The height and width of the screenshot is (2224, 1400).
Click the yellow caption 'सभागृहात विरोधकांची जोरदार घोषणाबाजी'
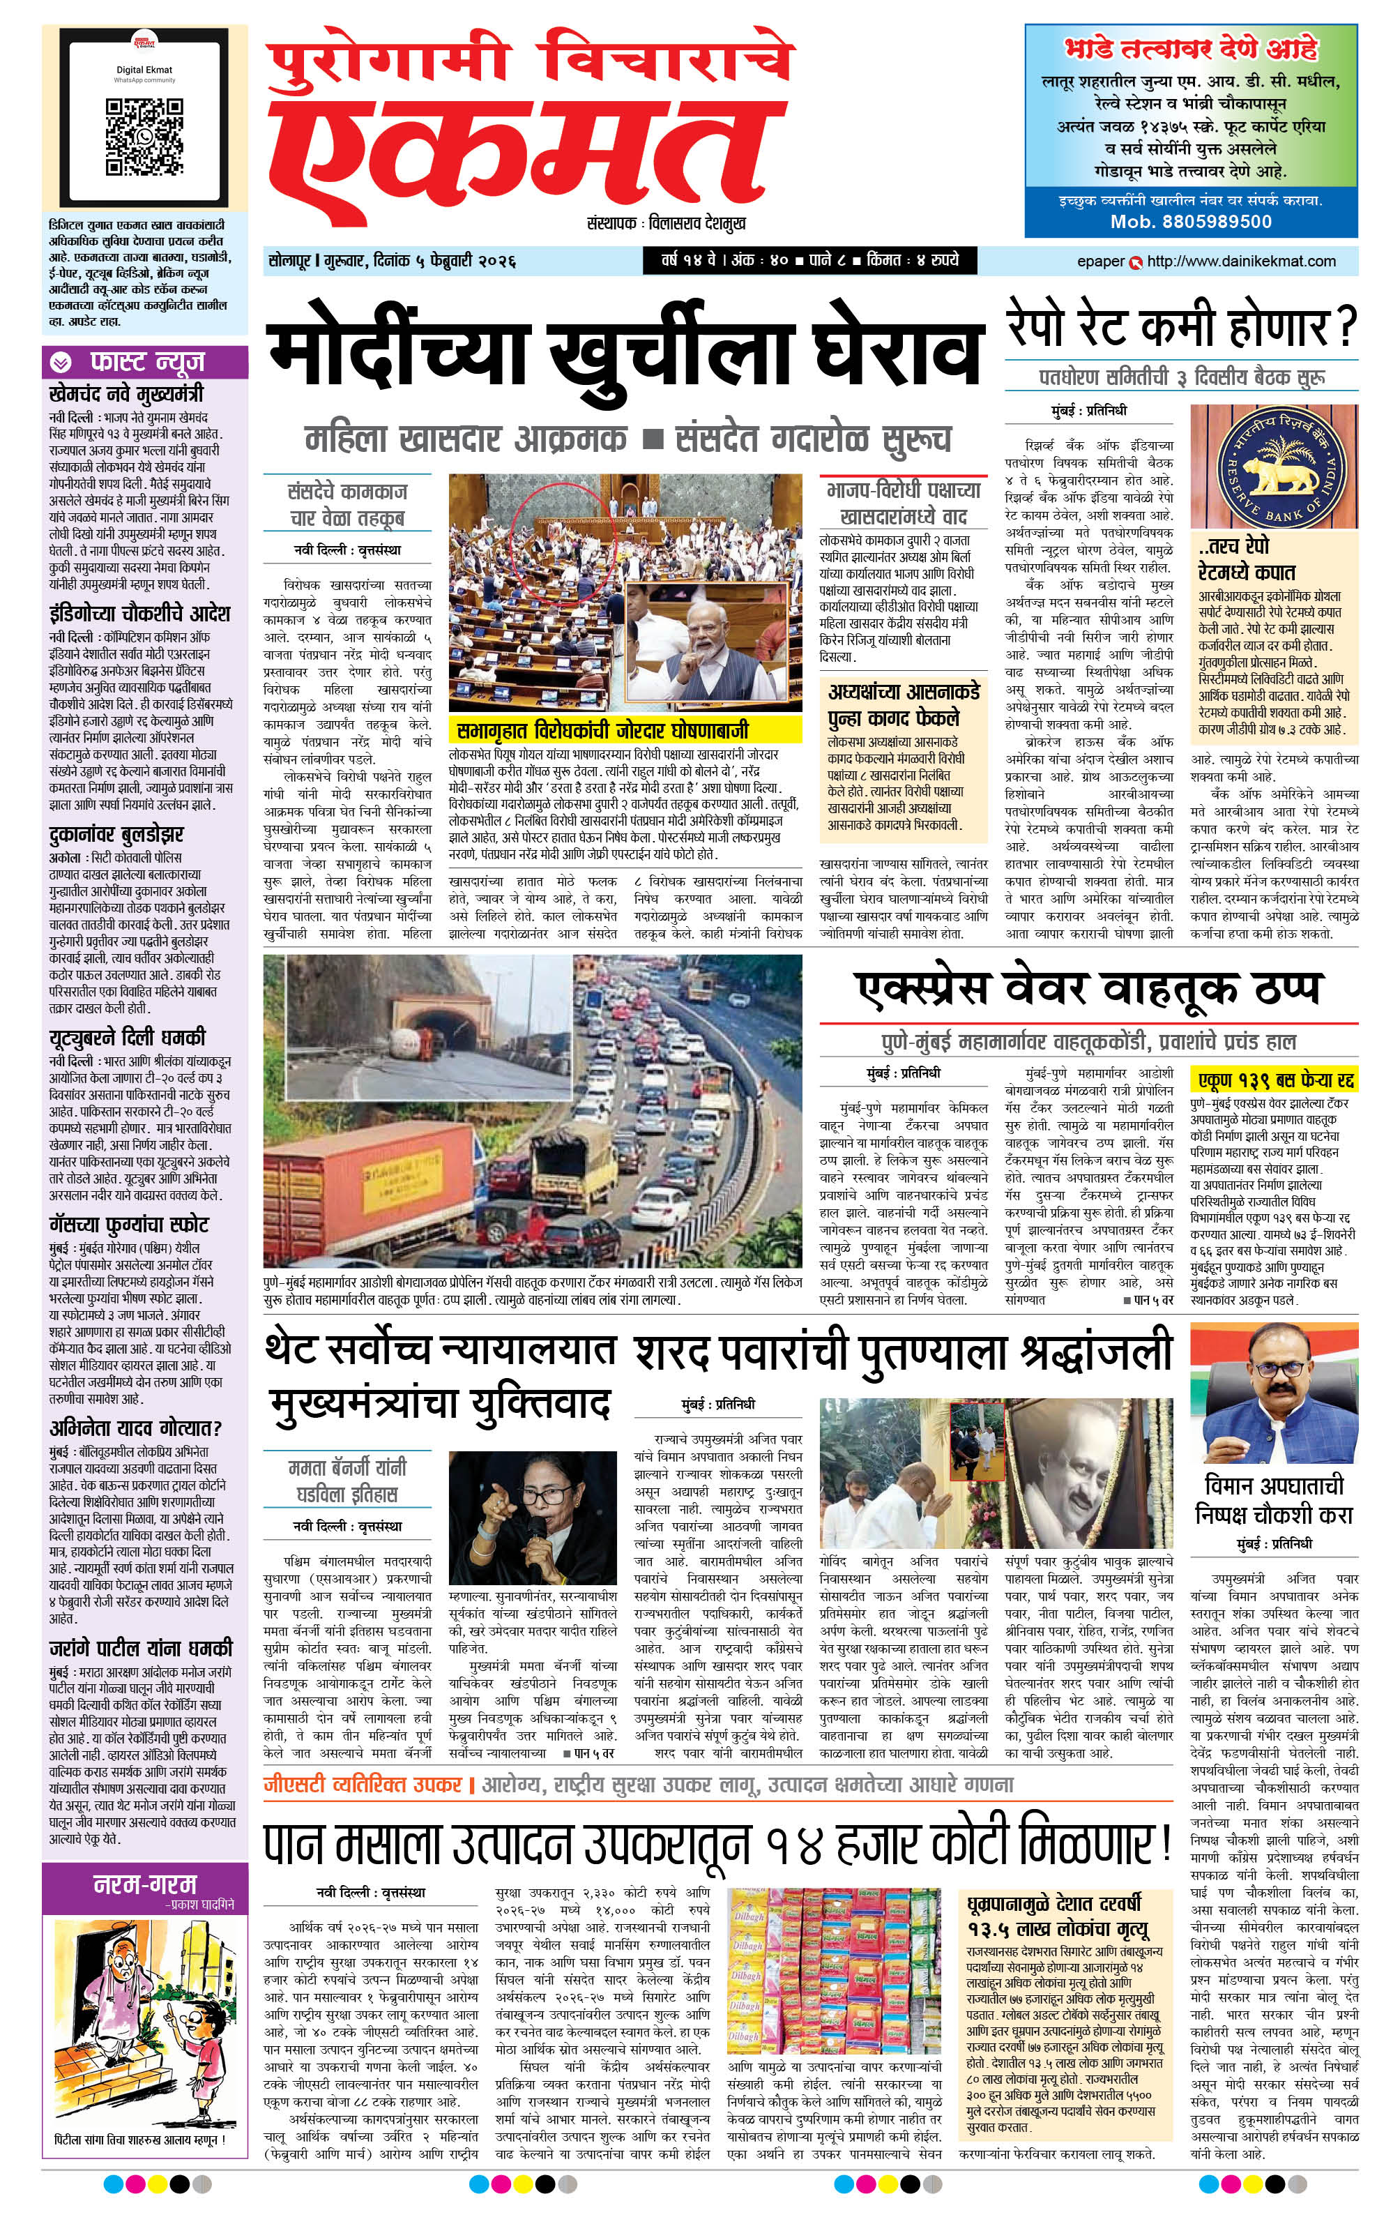[x=602, y=731]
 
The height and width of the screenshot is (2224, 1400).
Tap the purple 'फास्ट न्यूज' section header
[x=145, y=362]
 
